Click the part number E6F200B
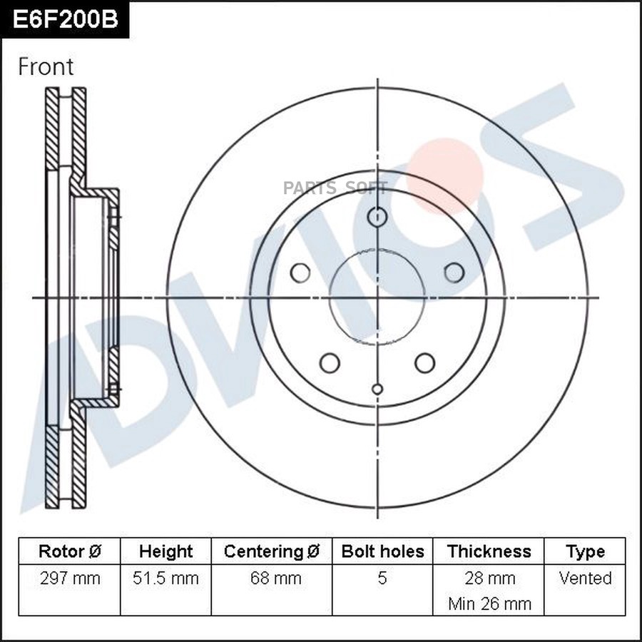[64, 19]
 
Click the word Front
[46, 67]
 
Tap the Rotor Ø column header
[69, 551]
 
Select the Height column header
[165, 551]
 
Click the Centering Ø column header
[272, 551]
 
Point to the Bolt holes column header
[382, 551]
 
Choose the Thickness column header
[489, 551]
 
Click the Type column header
[585, 551]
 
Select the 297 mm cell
[69, 578]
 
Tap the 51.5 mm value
[165, 578]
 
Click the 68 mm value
[272, 578]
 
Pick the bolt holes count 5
[382, 578]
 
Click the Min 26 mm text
[489, 603]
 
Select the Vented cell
[585, 578]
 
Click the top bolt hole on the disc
[377, 216]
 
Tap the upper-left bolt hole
[300, 272]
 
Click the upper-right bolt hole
[454, 272]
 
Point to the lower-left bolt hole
[330, 362]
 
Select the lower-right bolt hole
[424, 362]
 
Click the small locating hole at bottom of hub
[377, 389]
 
